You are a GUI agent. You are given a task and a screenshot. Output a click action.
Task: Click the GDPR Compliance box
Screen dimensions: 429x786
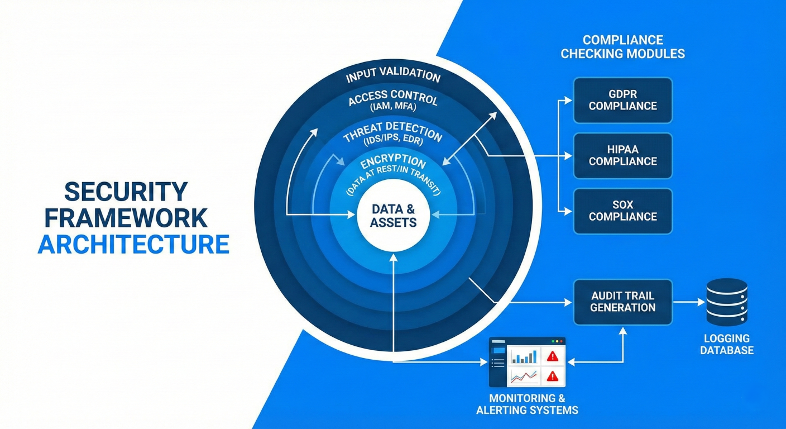tap(622, 100)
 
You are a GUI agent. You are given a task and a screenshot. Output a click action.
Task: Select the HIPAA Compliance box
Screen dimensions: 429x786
tap(622, 155)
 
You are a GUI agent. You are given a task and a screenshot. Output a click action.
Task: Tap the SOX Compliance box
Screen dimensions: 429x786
tap(622, 211)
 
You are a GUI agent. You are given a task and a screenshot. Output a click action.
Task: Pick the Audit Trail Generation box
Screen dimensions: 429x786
tap(622, 302)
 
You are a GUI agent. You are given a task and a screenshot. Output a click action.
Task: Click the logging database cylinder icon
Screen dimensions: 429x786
tap(726, 302)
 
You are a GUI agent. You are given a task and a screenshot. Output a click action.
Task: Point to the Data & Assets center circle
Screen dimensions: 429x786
tap(393, 216)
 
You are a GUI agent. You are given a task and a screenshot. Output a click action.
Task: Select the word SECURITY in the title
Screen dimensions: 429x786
tap(126, 192)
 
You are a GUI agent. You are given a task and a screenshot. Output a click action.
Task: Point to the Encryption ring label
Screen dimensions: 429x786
tap(393, 163)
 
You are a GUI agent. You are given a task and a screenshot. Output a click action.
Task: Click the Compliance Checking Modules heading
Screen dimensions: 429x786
tap(622, 47)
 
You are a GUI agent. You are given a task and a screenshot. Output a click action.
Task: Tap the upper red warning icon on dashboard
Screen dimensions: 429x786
tap(553, 356)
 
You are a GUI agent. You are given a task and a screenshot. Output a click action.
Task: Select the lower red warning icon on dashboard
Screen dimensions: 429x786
tap(553, 375)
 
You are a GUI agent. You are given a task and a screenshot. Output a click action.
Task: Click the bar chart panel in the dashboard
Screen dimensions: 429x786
tap(524, 356)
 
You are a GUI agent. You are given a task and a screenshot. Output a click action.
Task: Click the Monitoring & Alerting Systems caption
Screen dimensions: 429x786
tap(527, 404)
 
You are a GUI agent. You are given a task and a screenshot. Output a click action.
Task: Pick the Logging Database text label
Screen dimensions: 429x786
tap(727, 345)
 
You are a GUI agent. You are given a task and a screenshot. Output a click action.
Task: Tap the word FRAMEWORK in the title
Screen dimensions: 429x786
tap(126, 218)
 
